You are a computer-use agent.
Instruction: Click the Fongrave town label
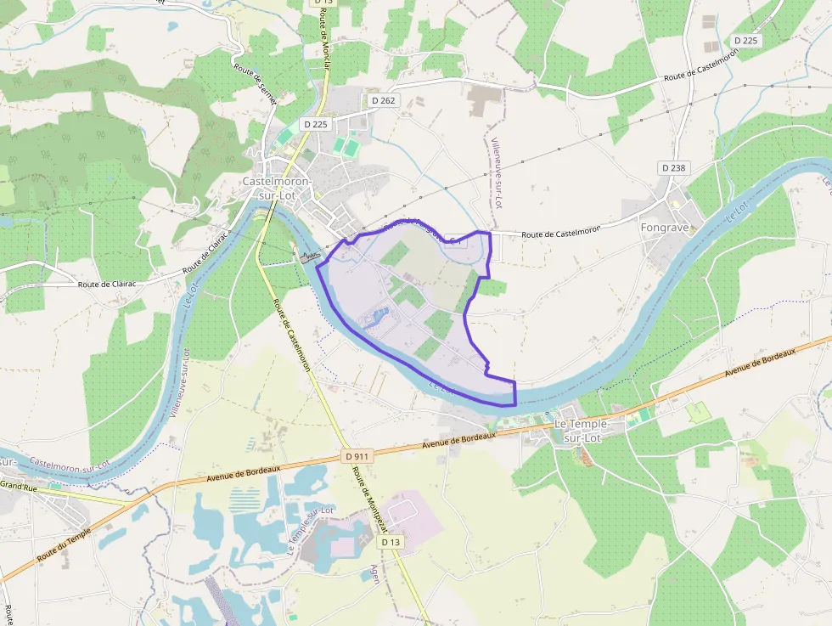pyautogui.click(x=665, y=228)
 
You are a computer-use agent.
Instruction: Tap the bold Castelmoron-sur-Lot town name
pyautogui.click(x=277, y=189)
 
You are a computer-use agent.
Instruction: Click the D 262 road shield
pyautogui.click(x=384, y=100)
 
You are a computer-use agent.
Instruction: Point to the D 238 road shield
pyautogui.click(x=672, y=168)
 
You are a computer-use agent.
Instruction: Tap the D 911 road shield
pyautogui.click(x=358, y=456)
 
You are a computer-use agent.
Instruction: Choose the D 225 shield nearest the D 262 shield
pyautogui.click(x=315, y=124)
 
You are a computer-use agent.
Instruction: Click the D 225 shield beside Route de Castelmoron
pyautogui.click(x=745, y=41)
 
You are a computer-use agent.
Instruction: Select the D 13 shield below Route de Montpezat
pyautogui.click(x=390, y=541)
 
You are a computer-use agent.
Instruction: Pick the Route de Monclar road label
pyautogui.click(x=325, y=42)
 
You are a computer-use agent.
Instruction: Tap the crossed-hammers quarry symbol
pyautogui.click(x=363, y=541)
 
